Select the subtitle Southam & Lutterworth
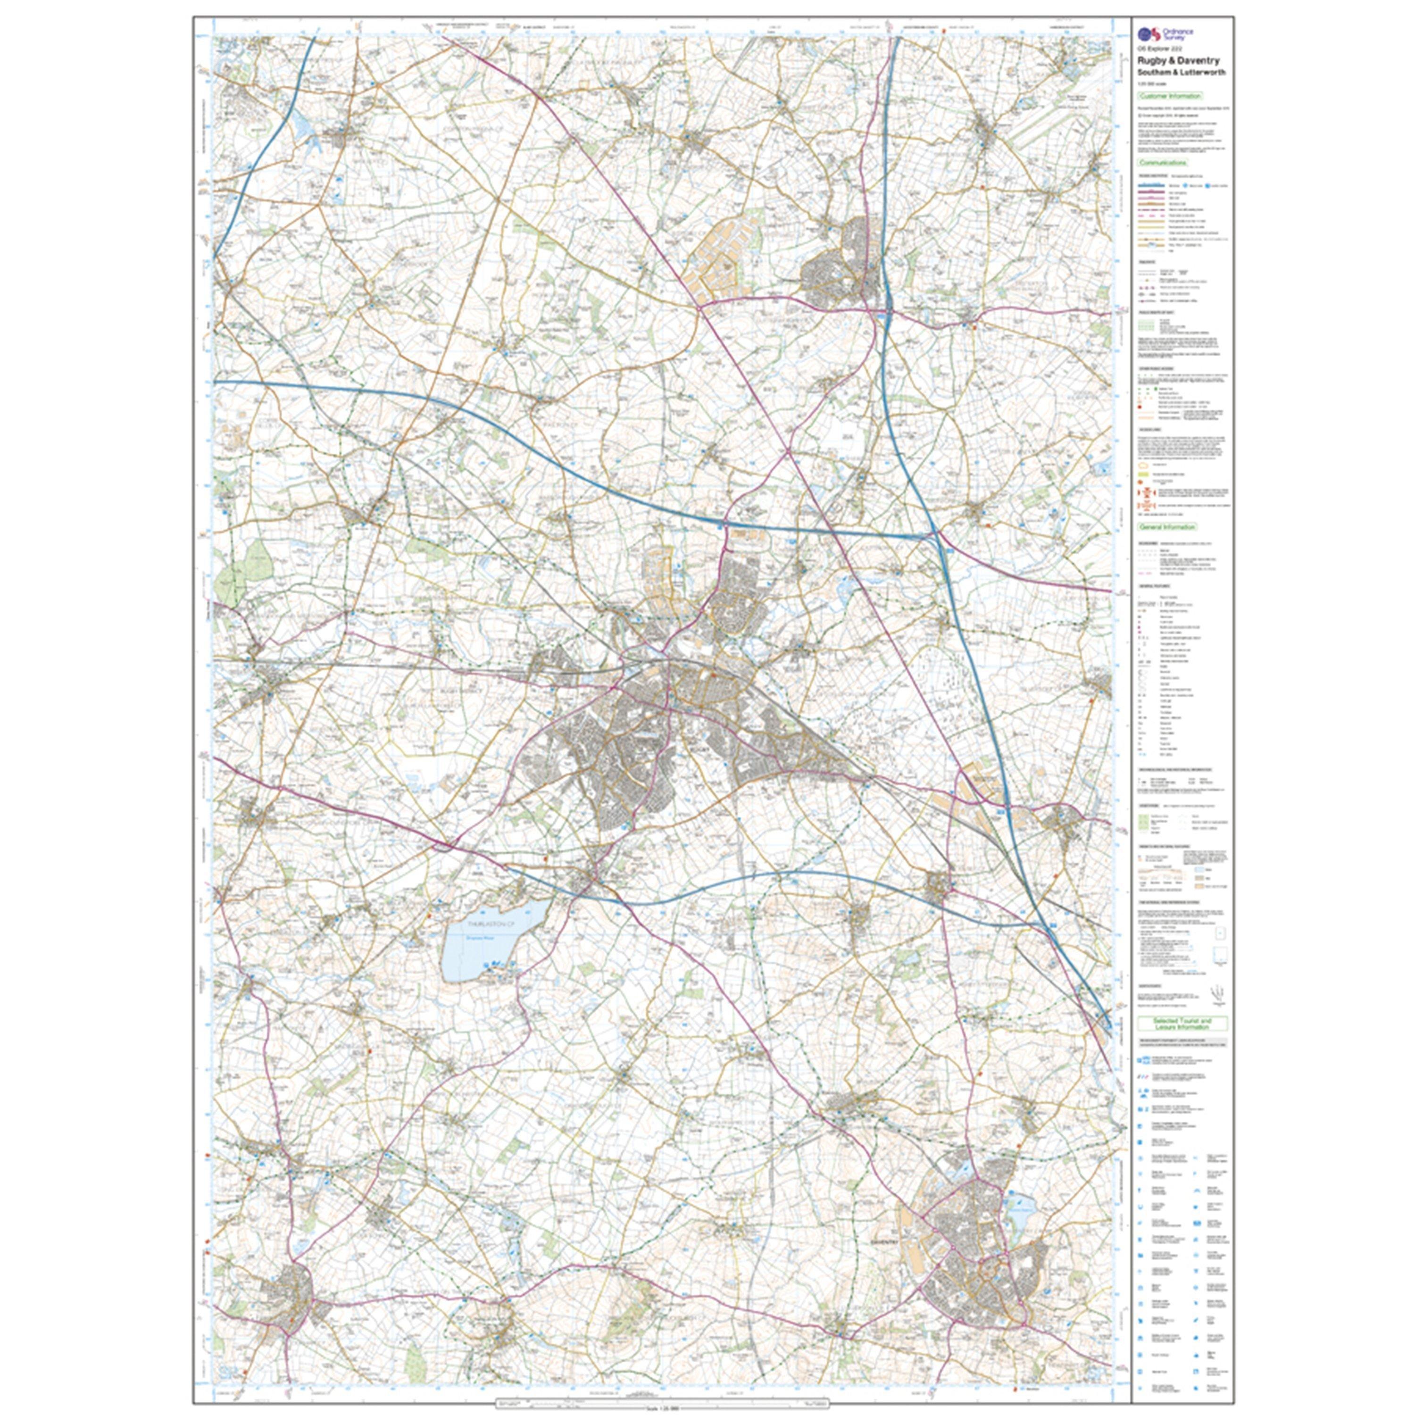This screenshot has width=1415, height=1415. click(x=1181, y=73)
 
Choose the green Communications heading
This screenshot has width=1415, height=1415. click(x=1163, y=163)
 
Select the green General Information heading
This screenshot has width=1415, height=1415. click(x=1167, y=526)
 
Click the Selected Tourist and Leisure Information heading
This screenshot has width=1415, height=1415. click(x=1182, y=1023)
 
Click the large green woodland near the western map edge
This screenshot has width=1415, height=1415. click(x=241, y=564)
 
